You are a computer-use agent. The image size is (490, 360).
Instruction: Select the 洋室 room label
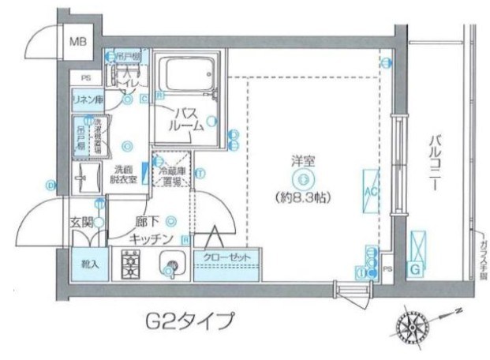pos(301,162)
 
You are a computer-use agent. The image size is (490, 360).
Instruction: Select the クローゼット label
pos(226,257)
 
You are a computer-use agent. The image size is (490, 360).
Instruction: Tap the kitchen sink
pos(170,264)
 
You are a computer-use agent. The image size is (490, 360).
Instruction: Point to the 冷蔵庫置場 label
pos(172,175)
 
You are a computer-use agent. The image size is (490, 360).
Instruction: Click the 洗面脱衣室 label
pos(124,174)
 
